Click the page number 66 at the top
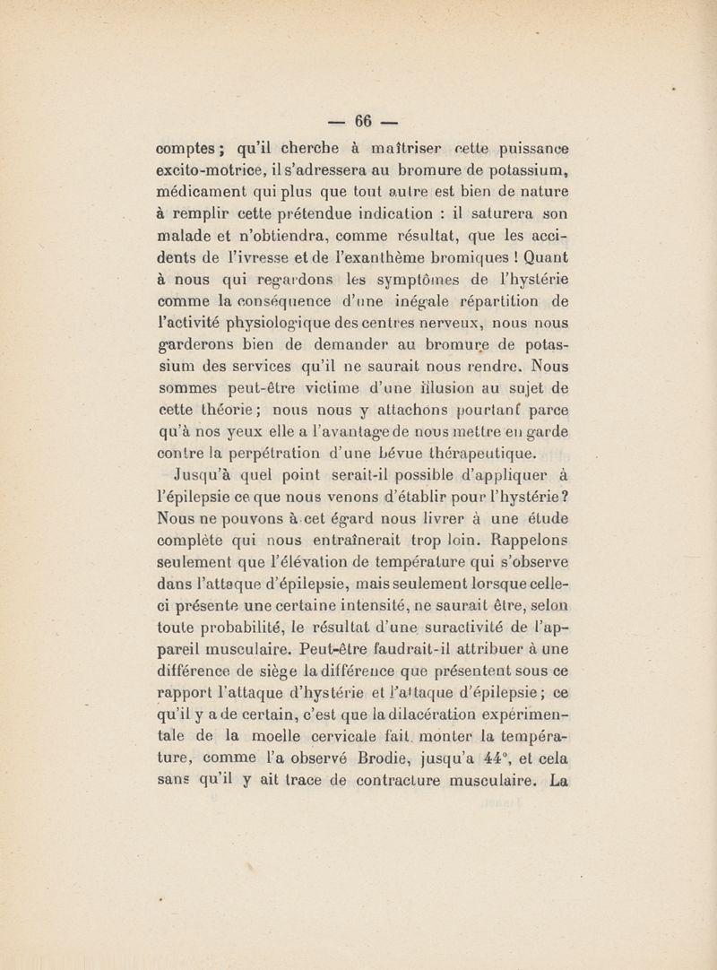[362, 120]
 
